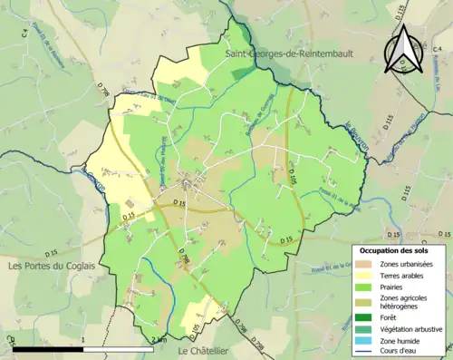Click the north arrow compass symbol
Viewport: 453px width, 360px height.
pos(404,48)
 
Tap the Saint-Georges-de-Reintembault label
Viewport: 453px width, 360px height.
pos(278,56)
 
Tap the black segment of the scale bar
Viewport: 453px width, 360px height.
pos(51,347)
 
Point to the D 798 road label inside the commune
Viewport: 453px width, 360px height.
pos(184,258)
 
